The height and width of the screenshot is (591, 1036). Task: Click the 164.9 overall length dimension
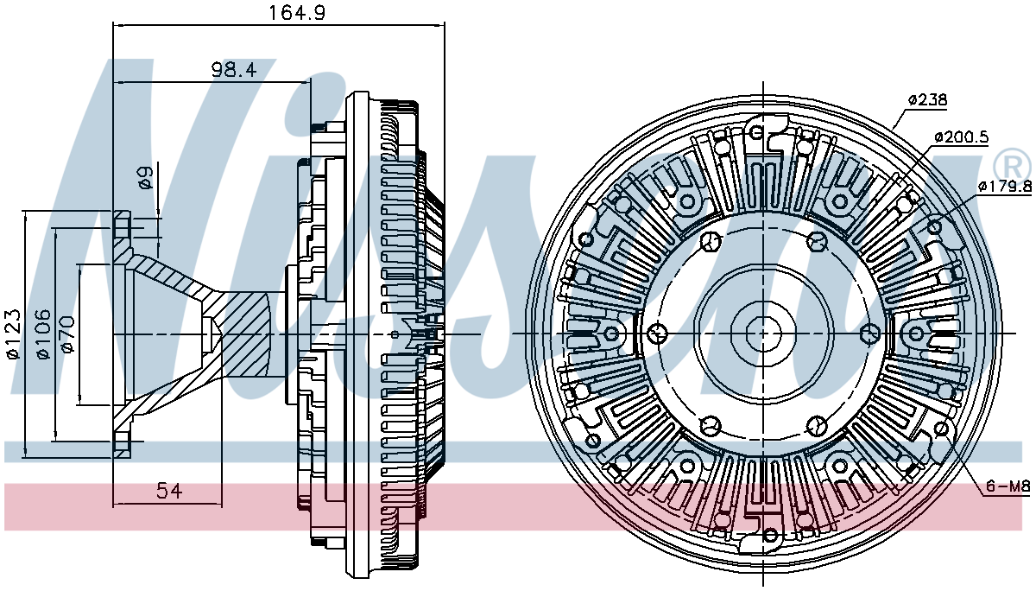(x=297, y=12)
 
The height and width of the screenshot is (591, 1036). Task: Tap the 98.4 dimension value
(x=234, y=70)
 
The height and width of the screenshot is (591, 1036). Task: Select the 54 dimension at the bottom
(x=169, y=491)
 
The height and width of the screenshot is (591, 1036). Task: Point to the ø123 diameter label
(x=14, y=334)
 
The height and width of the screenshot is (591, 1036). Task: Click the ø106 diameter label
(x=43, y=334)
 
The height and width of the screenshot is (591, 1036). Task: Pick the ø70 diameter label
(x=67, y=334)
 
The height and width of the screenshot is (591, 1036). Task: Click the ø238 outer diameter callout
(x=927, y=99)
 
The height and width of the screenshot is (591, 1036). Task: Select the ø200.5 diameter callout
(x=961, y=137)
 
